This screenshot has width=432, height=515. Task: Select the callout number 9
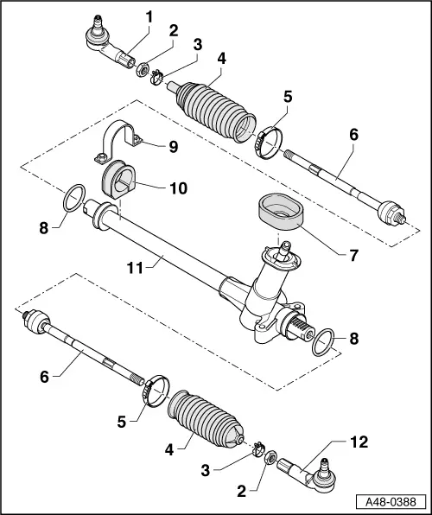click(x=174, y=147)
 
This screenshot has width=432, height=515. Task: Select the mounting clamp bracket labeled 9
click(x=122, y=141)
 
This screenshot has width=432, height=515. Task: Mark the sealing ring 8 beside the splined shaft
click(x=321, y=342)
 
